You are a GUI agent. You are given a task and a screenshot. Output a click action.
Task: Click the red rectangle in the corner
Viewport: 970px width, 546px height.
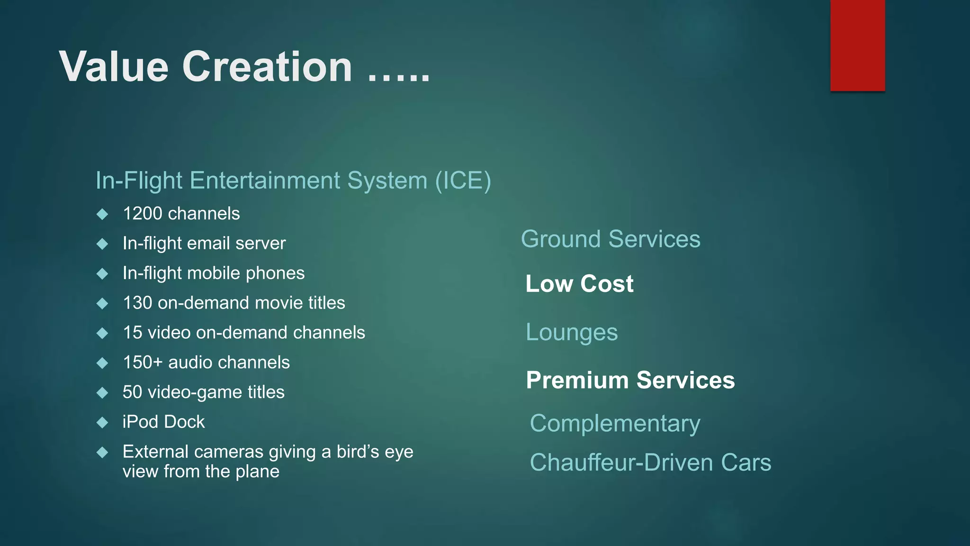coord(857,45)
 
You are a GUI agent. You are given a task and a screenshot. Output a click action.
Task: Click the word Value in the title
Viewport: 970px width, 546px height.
coord(114,67)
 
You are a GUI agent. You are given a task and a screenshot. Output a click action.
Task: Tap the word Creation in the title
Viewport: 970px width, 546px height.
coord(267,67)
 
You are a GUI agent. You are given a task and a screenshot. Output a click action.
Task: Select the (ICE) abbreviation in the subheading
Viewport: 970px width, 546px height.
coord(463,181)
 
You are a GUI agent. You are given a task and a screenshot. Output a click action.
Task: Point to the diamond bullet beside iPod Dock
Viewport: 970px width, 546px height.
coord(102,422)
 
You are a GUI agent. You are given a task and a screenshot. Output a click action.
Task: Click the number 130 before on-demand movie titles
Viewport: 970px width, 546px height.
coord(137,303)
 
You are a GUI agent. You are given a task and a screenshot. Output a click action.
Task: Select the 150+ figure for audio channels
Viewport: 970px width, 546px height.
coord(143,363)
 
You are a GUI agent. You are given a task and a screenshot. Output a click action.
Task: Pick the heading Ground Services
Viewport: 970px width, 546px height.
coord(611,239)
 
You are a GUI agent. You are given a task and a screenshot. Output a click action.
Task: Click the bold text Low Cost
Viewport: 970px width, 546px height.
coord(579,284)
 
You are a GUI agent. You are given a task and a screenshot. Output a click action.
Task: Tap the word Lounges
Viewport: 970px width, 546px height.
coord(572,332)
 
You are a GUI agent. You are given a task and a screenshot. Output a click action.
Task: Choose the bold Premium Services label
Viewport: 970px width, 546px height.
coord(630,380)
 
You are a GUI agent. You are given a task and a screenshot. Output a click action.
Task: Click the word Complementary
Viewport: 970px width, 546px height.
coord(615,423)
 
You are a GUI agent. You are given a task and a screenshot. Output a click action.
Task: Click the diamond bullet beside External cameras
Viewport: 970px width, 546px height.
coord(102,452)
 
